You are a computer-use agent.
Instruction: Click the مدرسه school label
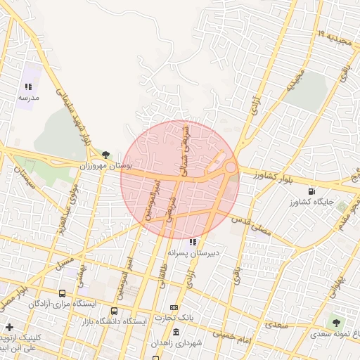pos(28,98)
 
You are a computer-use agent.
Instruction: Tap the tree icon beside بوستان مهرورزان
pos(105,154)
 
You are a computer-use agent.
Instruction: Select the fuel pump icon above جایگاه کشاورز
pos(311,191)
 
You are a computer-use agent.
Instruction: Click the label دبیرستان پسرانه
pos(193,252)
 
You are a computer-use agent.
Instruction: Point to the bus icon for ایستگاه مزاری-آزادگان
pos(63,293)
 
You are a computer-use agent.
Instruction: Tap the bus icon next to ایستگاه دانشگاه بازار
pos(114,311)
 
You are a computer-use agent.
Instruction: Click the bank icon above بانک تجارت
pos(174,307)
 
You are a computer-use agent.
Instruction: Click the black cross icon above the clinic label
pos(9,327)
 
